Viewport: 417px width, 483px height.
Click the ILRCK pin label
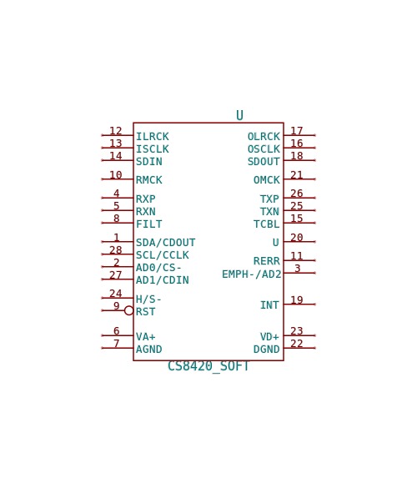coord(153,137)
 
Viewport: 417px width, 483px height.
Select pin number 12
coord(116,131)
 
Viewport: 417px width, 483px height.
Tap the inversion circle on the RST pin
coord(129,310)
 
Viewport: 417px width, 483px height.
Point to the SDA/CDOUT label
coord(166,243)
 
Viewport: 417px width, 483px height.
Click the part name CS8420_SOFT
coord(208,366)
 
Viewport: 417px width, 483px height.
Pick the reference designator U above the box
coord(239,115)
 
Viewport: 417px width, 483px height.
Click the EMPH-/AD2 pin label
coord(252,274)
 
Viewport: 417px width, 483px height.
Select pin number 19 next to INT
coord(297,300)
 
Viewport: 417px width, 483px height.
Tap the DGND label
coord(266,349)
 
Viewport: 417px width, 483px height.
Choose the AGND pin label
coord(149,349)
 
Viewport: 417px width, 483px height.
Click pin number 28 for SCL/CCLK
coord(116,249)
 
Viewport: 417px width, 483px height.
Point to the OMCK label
coord(266,179)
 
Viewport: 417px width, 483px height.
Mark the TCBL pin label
coord(266,224)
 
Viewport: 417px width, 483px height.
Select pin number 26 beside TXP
coord(297,194)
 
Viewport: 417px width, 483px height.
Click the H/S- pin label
coord(148,299)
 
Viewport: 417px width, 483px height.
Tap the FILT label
coord(149,224)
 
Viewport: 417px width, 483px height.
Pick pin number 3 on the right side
coord(297,269)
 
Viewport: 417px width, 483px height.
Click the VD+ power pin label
coord(269,336)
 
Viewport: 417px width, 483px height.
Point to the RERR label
coord(266,261)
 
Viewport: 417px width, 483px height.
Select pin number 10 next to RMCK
coord(116,175)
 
